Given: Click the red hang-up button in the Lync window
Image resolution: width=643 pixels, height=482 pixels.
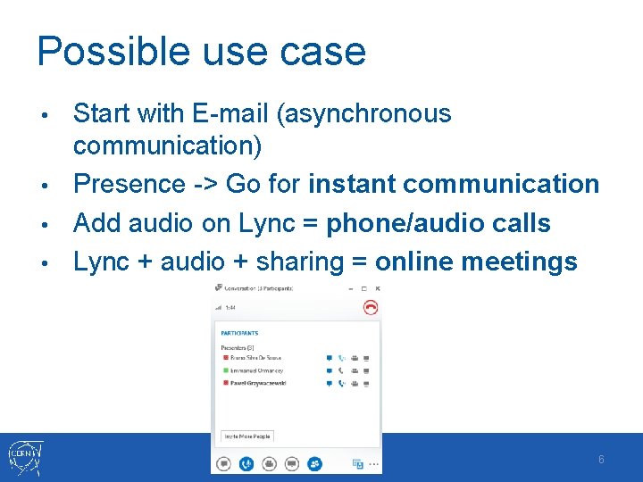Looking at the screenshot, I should pyautogui.click(x=371, y=307).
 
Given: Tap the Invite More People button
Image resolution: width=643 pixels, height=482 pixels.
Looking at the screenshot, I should pyautogui.click(x=247, y=436).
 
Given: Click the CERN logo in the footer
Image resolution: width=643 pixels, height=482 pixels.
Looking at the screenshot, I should pyautogui.click(x=28, y=458).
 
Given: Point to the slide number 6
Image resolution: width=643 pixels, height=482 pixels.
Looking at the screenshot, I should pyautogui.click(x=601, y=460).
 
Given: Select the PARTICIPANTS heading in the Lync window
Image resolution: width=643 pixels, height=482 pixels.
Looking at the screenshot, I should pyautogui.click(x=238, y=333).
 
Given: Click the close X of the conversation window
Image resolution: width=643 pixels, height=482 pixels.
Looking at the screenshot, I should pyautogui.click(x=378, y=288).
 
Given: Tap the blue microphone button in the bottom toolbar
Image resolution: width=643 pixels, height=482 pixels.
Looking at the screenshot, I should pyautogui.click(x=246, y=463).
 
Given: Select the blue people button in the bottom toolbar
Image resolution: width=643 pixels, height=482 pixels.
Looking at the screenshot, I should pyautogui.click(x=314, y=463).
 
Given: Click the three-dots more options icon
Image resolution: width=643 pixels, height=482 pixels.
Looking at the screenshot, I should pyautogui.click(x=374, y=463).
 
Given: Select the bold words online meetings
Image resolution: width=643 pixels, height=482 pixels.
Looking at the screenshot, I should pyautogui.click(x=476, y=262).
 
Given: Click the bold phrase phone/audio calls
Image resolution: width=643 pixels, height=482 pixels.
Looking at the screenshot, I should pyautogui.click(x=438, y=223).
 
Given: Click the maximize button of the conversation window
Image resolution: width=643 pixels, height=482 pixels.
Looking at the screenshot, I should pyautogui.click(x=363, y=288).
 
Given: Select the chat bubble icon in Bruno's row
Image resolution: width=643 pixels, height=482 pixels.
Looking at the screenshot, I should pyautogui.click(x=330, y=358).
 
